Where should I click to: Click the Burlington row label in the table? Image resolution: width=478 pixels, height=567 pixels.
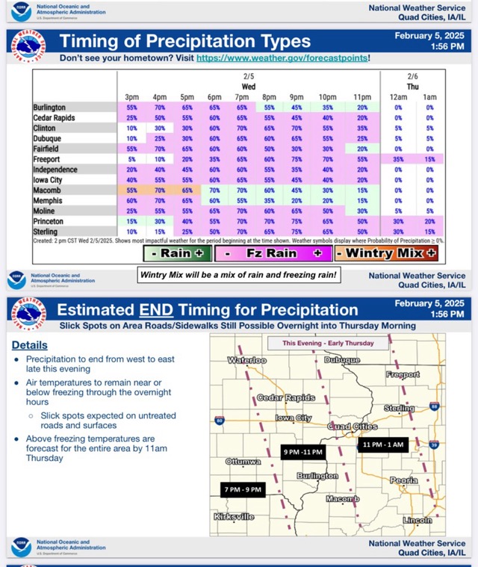pos(49,108)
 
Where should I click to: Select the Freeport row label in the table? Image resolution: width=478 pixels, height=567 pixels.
pos(47,159)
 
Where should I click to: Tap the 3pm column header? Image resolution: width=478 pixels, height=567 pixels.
pos(132,97)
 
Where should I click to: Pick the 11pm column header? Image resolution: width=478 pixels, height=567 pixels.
pos(362,97)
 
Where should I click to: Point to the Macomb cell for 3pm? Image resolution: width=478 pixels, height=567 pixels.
pos(132,190)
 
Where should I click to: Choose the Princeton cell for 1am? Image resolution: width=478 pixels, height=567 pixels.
pos(429,222)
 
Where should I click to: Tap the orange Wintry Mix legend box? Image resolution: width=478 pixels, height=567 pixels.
pos(386,253)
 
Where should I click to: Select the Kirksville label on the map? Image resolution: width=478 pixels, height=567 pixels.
pos(234,516)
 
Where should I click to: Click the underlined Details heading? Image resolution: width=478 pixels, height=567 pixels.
pos(29,345)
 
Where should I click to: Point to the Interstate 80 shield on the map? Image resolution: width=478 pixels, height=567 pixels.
pos(217,421)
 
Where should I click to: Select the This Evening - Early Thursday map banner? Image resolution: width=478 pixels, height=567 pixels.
pos(327,343)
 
